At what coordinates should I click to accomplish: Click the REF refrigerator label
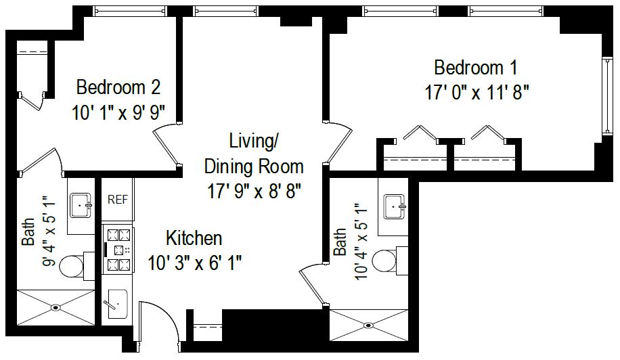coord(118,200)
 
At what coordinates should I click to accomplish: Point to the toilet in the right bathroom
coord(386,260)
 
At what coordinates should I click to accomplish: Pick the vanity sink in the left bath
coord(81,204)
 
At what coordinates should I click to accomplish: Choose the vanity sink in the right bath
coord(393,206)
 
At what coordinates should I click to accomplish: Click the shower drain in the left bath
coord(56,307)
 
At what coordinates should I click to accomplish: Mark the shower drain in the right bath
coord(368,325)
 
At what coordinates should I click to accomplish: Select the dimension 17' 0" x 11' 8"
coord(476,93)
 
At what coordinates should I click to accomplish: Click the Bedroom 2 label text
coord(118,87)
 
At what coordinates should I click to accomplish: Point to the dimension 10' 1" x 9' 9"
coord(118,112)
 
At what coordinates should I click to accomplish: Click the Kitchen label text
coord(194,238)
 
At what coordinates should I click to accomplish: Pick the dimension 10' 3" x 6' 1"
coord(194,263)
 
